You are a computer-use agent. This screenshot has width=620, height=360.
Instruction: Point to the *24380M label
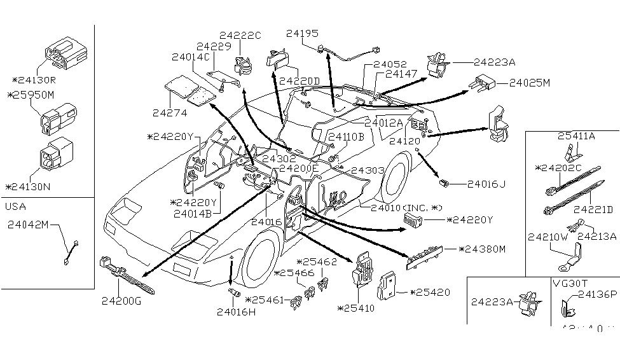pyautogui.click(x=481, y=249)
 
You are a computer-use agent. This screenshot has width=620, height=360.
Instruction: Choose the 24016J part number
pyautogui.click(x=486, y=184)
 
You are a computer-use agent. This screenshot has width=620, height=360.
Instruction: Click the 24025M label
pyautogui.click(x=529, y=83)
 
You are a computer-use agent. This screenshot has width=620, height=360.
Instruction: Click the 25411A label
pyautogui.click(x=576, y=136)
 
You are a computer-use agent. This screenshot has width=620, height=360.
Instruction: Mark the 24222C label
pyautogui.click(x=240, y=36)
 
